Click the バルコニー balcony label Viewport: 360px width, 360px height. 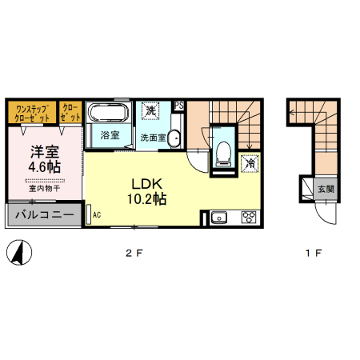coord(45,215)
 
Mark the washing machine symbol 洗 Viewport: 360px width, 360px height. coord(150,110)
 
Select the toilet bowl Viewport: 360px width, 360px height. coord(223,150)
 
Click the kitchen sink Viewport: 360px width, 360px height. coord(219,216)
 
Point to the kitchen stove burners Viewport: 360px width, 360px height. coord(248,216)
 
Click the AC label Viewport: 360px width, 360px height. coord(97,215)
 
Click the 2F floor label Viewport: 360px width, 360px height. coord(133,254)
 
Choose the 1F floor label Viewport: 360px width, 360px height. coord(312,254)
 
